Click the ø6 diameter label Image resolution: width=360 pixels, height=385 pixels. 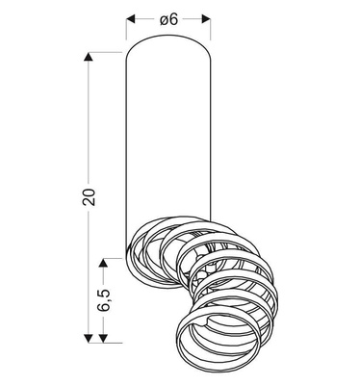[x=168, y=18]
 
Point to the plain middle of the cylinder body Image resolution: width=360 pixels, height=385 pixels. [x=168, y=144]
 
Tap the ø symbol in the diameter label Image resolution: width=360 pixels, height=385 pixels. [x=163, y=18]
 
